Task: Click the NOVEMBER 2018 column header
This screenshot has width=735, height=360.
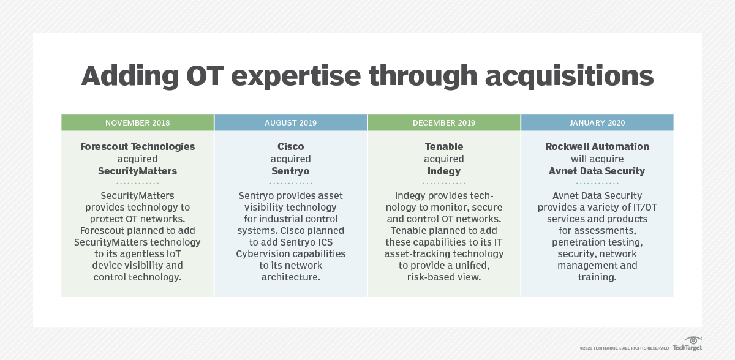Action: [137, 122]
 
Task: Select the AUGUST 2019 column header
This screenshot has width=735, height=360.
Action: [290, 122]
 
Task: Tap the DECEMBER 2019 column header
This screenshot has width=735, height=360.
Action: [444, 122]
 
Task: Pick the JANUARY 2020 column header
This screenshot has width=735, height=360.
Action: [597, 122]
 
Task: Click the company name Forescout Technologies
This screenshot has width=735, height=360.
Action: [137, 147]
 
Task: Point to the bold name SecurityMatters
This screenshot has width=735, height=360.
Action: [137, 171]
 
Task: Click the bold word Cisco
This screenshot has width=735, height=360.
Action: [290, 147]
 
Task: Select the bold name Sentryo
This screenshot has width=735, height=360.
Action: [290, 171]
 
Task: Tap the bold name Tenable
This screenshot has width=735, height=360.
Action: [444, 147]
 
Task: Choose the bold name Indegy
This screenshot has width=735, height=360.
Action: [444, 171]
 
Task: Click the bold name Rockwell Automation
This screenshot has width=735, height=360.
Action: [597, 147]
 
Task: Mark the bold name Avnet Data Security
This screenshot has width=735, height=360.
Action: [597, 171]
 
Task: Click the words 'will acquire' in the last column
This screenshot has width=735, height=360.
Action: [597, 159]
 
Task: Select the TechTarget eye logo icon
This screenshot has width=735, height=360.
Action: [693, 340]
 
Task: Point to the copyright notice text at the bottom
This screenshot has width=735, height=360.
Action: [624, 348]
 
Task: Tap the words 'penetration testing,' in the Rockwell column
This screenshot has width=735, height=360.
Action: [597, 242]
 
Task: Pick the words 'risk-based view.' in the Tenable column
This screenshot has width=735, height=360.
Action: [444, 277]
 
